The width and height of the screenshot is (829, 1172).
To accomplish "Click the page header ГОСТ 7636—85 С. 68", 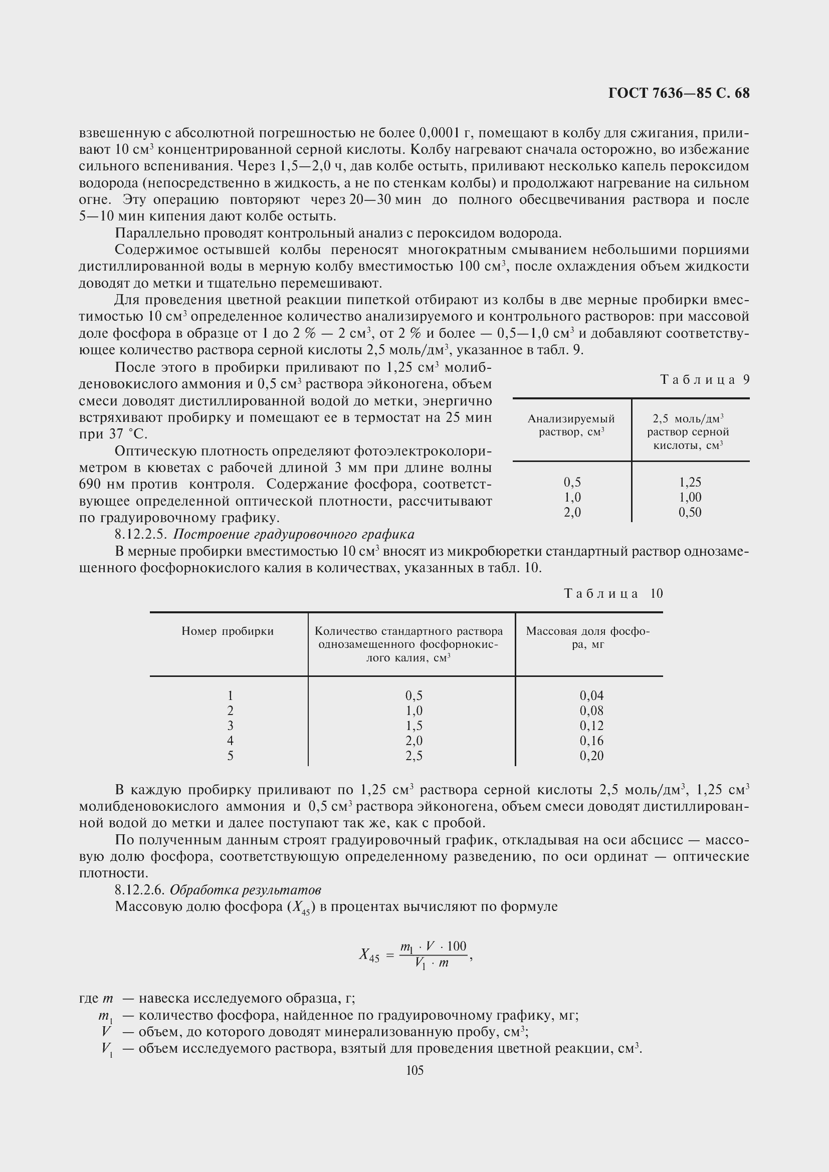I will (679, 93).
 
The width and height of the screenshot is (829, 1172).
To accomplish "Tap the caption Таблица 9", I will (704, 379).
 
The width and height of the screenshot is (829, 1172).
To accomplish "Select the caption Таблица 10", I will (613, 593).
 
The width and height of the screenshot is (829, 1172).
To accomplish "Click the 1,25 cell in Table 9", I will (690, 482).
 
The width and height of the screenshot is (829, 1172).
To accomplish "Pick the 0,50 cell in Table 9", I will (690, 512).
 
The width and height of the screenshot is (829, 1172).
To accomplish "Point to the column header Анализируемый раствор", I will (571, 425).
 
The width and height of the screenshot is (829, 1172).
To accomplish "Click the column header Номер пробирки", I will (228, 631).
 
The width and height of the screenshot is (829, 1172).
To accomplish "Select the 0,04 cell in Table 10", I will (591, 695).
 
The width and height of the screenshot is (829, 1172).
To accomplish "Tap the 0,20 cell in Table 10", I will (591, 756).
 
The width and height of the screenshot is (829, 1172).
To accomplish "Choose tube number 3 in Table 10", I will (230, 726).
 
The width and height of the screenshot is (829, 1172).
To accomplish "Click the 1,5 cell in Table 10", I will (413, 726).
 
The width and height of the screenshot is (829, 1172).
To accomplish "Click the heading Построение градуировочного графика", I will (294, 535).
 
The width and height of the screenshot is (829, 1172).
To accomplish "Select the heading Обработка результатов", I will (245, 890).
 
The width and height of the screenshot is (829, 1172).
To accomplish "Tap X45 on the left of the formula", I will (369, 955).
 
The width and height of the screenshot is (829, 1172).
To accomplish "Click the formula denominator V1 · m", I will (432, 963).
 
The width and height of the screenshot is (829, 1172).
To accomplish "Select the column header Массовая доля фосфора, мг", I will (587, 637).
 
